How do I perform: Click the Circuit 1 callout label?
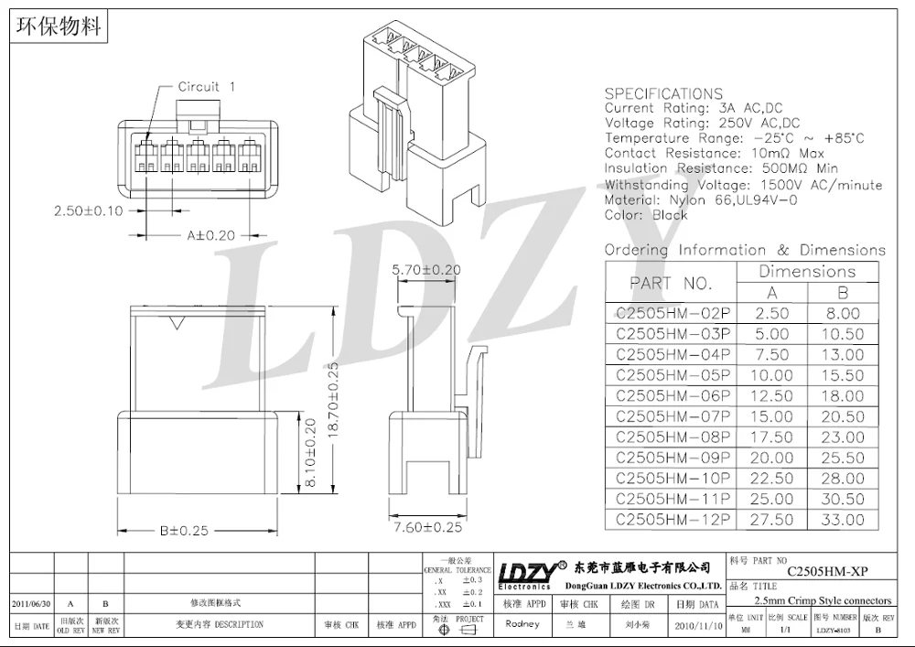click(x=206, y=87)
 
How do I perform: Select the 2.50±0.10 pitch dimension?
click(x=89, y=211)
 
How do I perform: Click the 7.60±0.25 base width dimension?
click(x=426, y=527)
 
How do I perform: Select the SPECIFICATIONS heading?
click(x=663, y=93)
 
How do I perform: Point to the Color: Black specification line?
click(x=645, y=215)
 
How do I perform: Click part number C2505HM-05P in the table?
click(x=673, y=375)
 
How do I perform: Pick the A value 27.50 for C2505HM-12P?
click(x=771, y=520)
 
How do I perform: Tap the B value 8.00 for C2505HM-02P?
click(x=842, y=313)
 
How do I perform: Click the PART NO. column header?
click(x=672, y=283)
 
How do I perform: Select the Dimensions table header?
click(x=806, y=272)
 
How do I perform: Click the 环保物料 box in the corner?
click(x=58, y=26)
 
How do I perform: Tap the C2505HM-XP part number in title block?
click(x=826, y=571)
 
